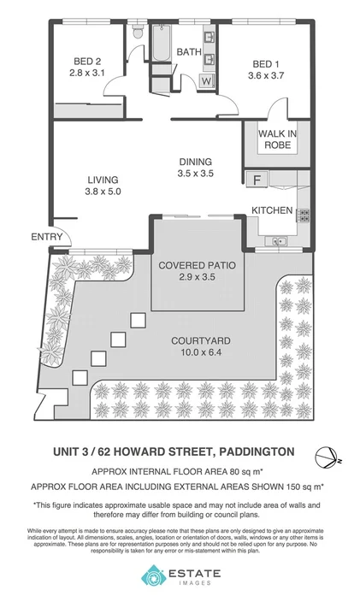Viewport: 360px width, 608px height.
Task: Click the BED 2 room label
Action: tap(87, 61)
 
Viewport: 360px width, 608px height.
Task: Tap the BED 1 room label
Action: tap(266, 64)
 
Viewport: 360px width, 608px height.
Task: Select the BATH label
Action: tap(188, 52)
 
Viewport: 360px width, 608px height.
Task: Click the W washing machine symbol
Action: tap(206, 81)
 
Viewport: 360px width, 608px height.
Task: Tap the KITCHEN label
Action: tap(272, 210)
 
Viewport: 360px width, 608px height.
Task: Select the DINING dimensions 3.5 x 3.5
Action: tap(195, 174)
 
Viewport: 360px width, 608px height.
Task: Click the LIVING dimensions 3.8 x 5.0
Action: tap(103, 192)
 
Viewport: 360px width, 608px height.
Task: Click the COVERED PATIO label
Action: tap(198, 265)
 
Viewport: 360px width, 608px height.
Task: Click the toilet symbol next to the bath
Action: tap(139, 33)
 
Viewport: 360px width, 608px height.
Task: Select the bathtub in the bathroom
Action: tap(162, 44)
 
